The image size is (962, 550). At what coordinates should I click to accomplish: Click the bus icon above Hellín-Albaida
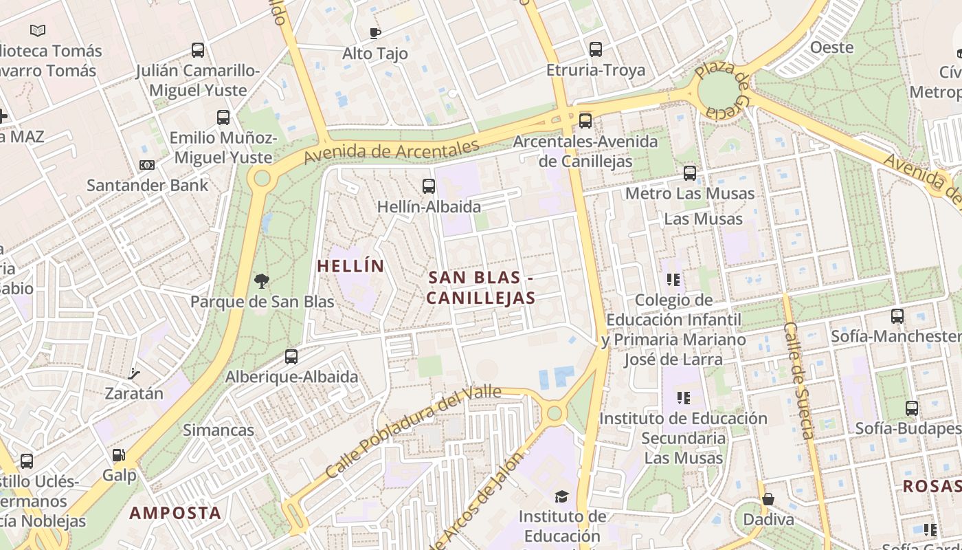(429, 186)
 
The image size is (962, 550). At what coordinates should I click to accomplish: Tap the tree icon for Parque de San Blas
(261, 280)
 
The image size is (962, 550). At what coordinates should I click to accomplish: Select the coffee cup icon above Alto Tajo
(374, 33)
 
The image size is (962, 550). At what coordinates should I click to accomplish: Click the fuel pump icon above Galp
(119, 455)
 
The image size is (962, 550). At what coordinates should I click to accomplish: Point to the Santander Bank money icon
(147, 165)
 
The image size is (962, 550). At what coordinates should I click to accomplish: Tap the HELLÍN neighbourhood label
(350, 266)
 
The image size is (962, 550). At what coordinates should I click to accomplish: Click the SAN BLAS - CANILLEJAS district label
(480, 288)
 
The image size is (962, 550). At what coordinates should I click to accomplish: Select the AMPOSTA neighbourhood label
(175, 513)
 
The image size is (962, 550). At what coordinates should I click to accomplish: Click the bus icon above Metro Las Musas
(689, 173)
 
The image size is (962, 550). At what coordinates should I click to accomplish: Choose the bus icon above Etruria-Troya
(596, 49)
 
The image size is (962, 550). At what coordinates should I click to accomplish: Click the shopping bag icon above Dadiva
(768, 498)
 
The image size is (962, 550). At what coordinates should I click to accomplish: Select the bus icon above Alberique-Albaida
(291, 356)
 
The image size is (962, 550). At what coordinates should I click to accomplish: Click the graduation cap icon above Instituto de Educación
(561, 496)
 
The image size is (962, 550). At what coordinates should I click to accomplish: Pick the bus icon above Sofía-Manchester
(897, 316)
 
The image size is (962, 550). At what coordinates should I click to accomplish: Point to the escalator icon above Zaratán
(134, 374)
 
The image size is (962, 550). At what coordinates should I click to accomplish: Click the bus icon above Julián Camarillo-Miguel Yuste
(198, 50)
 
